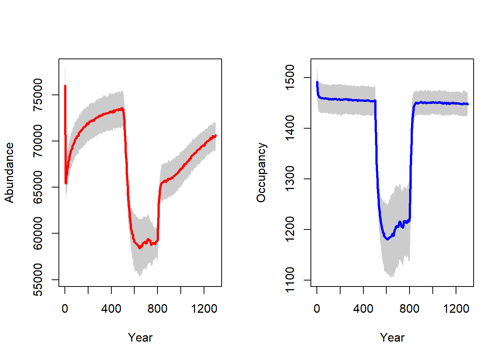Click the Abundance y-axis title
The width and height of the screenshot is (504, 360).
point(9,172)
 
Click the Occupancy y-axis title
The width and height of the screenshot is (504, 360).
point(261,172)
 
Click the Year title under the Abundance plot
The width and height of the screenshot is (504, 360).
point(140,337)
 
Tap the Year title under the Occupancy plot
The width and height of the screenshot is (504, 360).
point(392,337)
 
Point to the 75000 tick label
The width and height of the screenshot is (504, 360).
point(38,95)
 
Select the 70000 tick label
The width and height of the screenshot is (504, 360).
point(38,141)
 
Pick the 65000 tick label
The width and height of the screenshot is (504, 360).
point(38,187)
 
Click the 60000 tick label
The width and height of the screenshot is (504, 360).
point(38,233)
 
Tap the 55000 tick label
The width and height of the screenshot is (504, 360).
point(38,280)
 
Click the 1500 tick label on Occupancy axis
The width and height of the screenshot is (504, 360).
point(290,78)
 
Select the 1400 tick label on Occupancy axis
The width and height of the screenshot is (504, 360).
point(290,128)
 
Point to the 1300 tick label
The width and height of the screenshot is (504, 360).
point(290,179)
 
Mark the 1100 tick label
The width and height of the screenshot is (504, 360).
point(290,280)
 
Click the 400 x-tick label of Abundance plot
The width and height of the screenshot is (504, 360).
point(111,309)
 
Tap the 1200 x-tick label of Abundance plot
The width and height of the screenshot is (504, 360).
point(204,309)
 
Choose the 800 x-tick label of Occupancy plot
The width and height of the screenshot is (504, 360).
point(409,309)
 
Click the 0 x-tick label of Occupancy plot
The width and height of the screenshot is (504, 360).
point(317,309)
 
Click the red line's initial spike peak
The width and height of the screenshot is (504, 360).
point(65,86)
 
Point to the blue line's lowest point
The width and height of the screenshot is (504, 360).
point(387,239)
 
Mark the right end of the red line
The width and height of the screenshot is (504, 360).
point(216,135)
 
